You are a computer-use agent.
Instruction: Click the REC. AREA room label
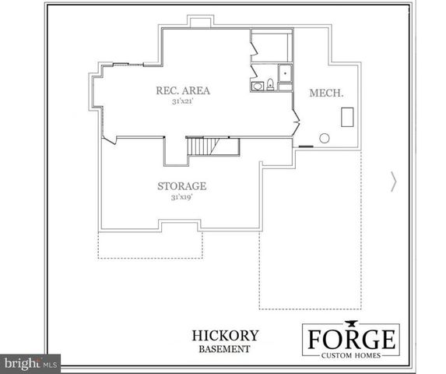coord(183,90)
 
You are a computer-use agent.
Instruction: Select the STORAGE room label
coord(181,186)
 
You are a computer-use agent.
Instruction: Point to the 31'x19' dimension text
coord(181,198)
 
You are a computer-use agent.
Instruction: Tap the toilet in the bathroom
coord(269,84)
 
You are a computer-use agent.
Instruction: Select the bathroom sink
coord(256,86)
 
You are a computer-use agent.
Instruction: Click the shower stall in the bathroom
coord(284,74)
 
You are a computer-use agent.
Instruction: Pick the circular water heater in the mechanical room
coord(325,138)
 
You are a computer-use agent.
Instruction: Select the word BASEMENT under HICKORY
coord(225,349)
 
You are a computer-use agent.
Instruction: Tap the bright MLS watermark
coord(31,363)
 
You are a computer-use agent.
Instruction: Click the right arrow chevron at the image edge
coord(393,182)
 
